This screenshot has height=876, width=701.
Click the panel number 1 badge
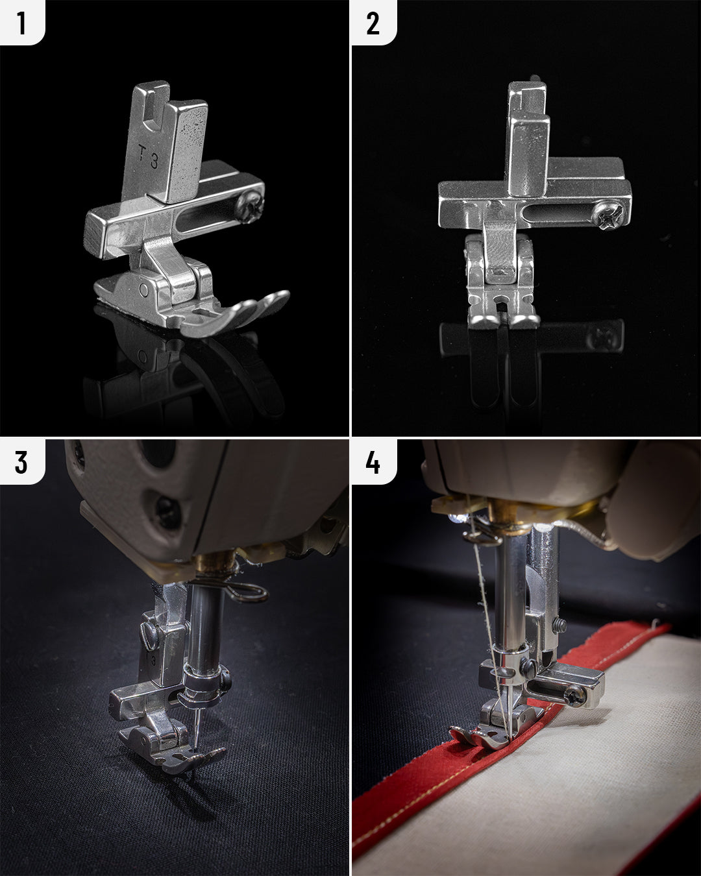tap(21, 23)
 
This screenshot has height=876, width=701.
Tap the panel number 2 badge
tap(373, 23)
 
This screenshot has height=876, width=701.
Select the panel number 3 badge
tap(21, 462)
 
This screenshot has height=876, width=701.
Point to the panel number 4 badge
tap(373, 462)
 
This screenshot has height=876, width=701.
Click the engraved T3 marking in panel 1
tap(149, 156)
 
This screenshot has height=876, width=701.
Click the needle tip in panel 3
tap(195, 751)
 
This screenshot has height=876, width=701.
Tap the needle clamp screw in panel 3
tap(225, 680)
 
